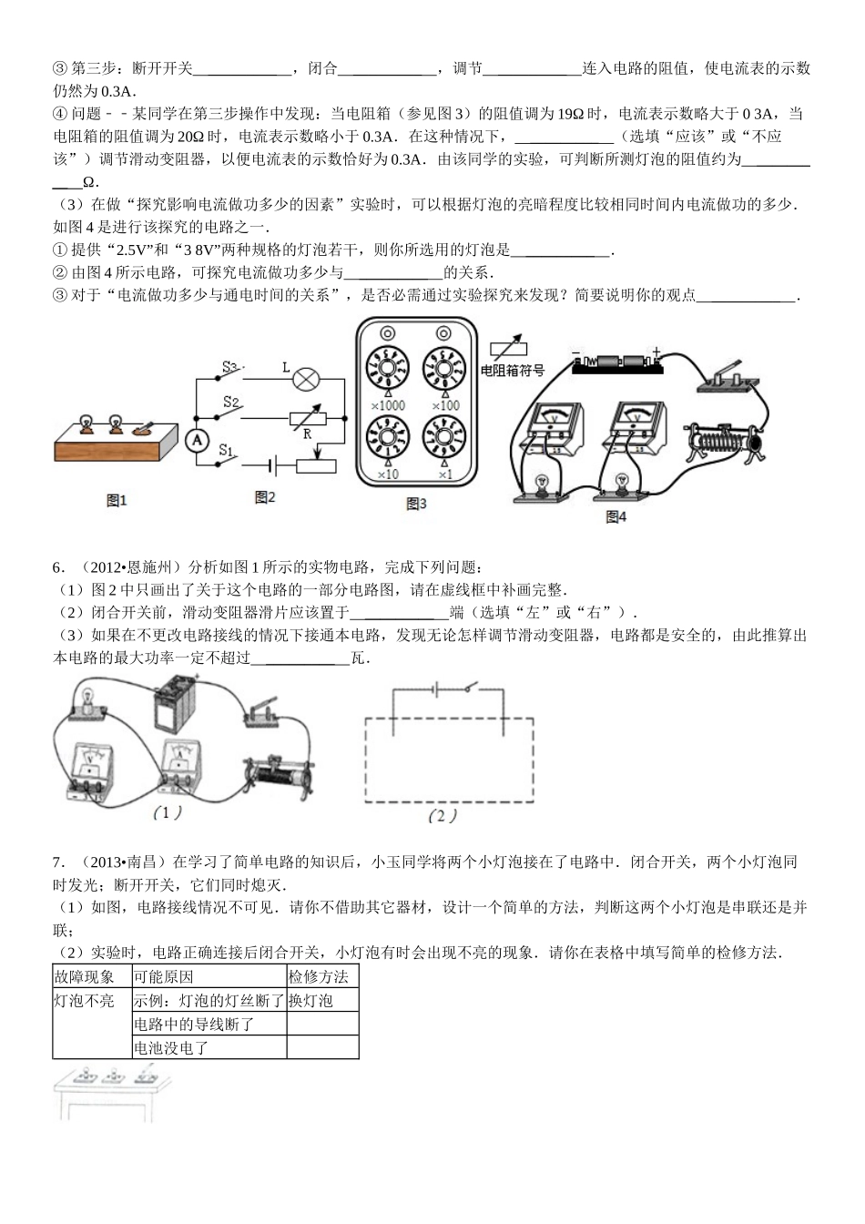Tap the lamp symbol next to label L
(308, 375)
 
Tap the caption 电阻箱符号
(512, 371)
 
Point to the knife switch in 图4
(724, 380)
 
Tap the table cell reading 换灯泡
(311, 1001)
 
